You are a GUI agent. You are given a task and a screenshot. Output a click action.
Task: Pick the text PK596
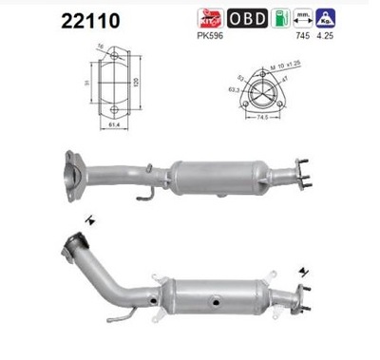209,36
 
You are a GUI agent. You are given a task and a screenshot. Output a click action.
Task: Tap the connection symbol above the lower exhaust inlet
88,220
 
